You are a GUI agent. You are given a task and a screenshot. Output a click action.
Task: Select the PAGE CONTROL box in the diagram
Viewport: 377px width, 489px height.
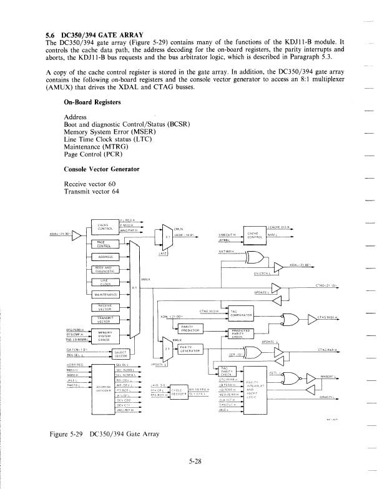click(x=102, y=245)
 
